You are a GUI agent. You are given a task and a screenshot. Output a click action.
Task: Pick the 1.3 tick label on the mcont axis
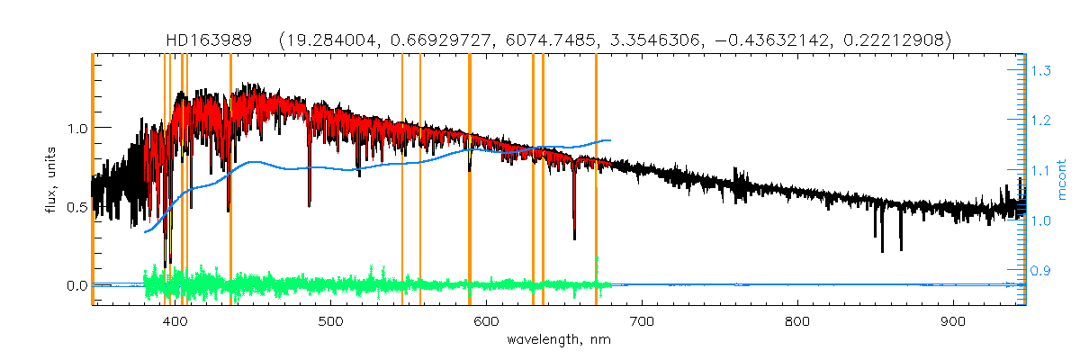click(x=1042, y=70)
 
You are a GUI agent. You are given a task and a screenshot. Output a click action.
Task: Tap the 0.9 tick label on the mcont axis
click(x=1042, y=270)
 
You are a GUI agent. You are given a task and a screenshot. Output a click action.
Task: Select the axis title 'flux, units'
click(x=51, y=180)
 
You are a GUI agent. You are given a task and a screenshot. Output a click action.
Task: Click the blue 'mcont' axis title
click(x=1062, y=180)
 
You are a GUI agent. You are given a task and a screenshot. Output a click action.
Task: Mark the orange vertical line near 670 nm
click(x=596, y=180)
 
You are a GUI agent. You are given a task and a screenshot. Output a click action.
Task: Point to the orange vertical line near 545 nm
click(x=401, y=180)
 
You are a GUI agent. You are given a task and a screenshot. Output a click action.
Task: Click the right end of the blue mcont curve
click(x=611, y=140)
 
